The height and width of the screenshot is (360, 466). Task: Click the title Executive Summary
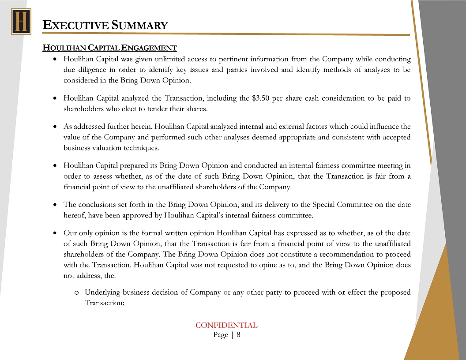[105, 25]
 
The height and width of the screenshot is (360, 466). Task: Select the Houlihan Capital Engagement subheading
[109, 48]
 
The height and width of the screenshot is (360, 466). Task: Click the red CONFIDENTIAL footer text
[226, 326]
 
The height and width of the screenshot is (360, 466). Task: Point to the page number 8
[238, 335]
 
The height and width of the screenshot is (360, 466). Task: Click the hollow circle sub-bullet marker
[76, 293]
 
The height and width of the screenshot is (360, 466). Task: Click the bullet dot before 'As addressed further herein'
[54, 127]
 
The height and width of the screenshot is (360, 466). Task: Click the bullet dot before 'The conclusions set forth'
[54, 205]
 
